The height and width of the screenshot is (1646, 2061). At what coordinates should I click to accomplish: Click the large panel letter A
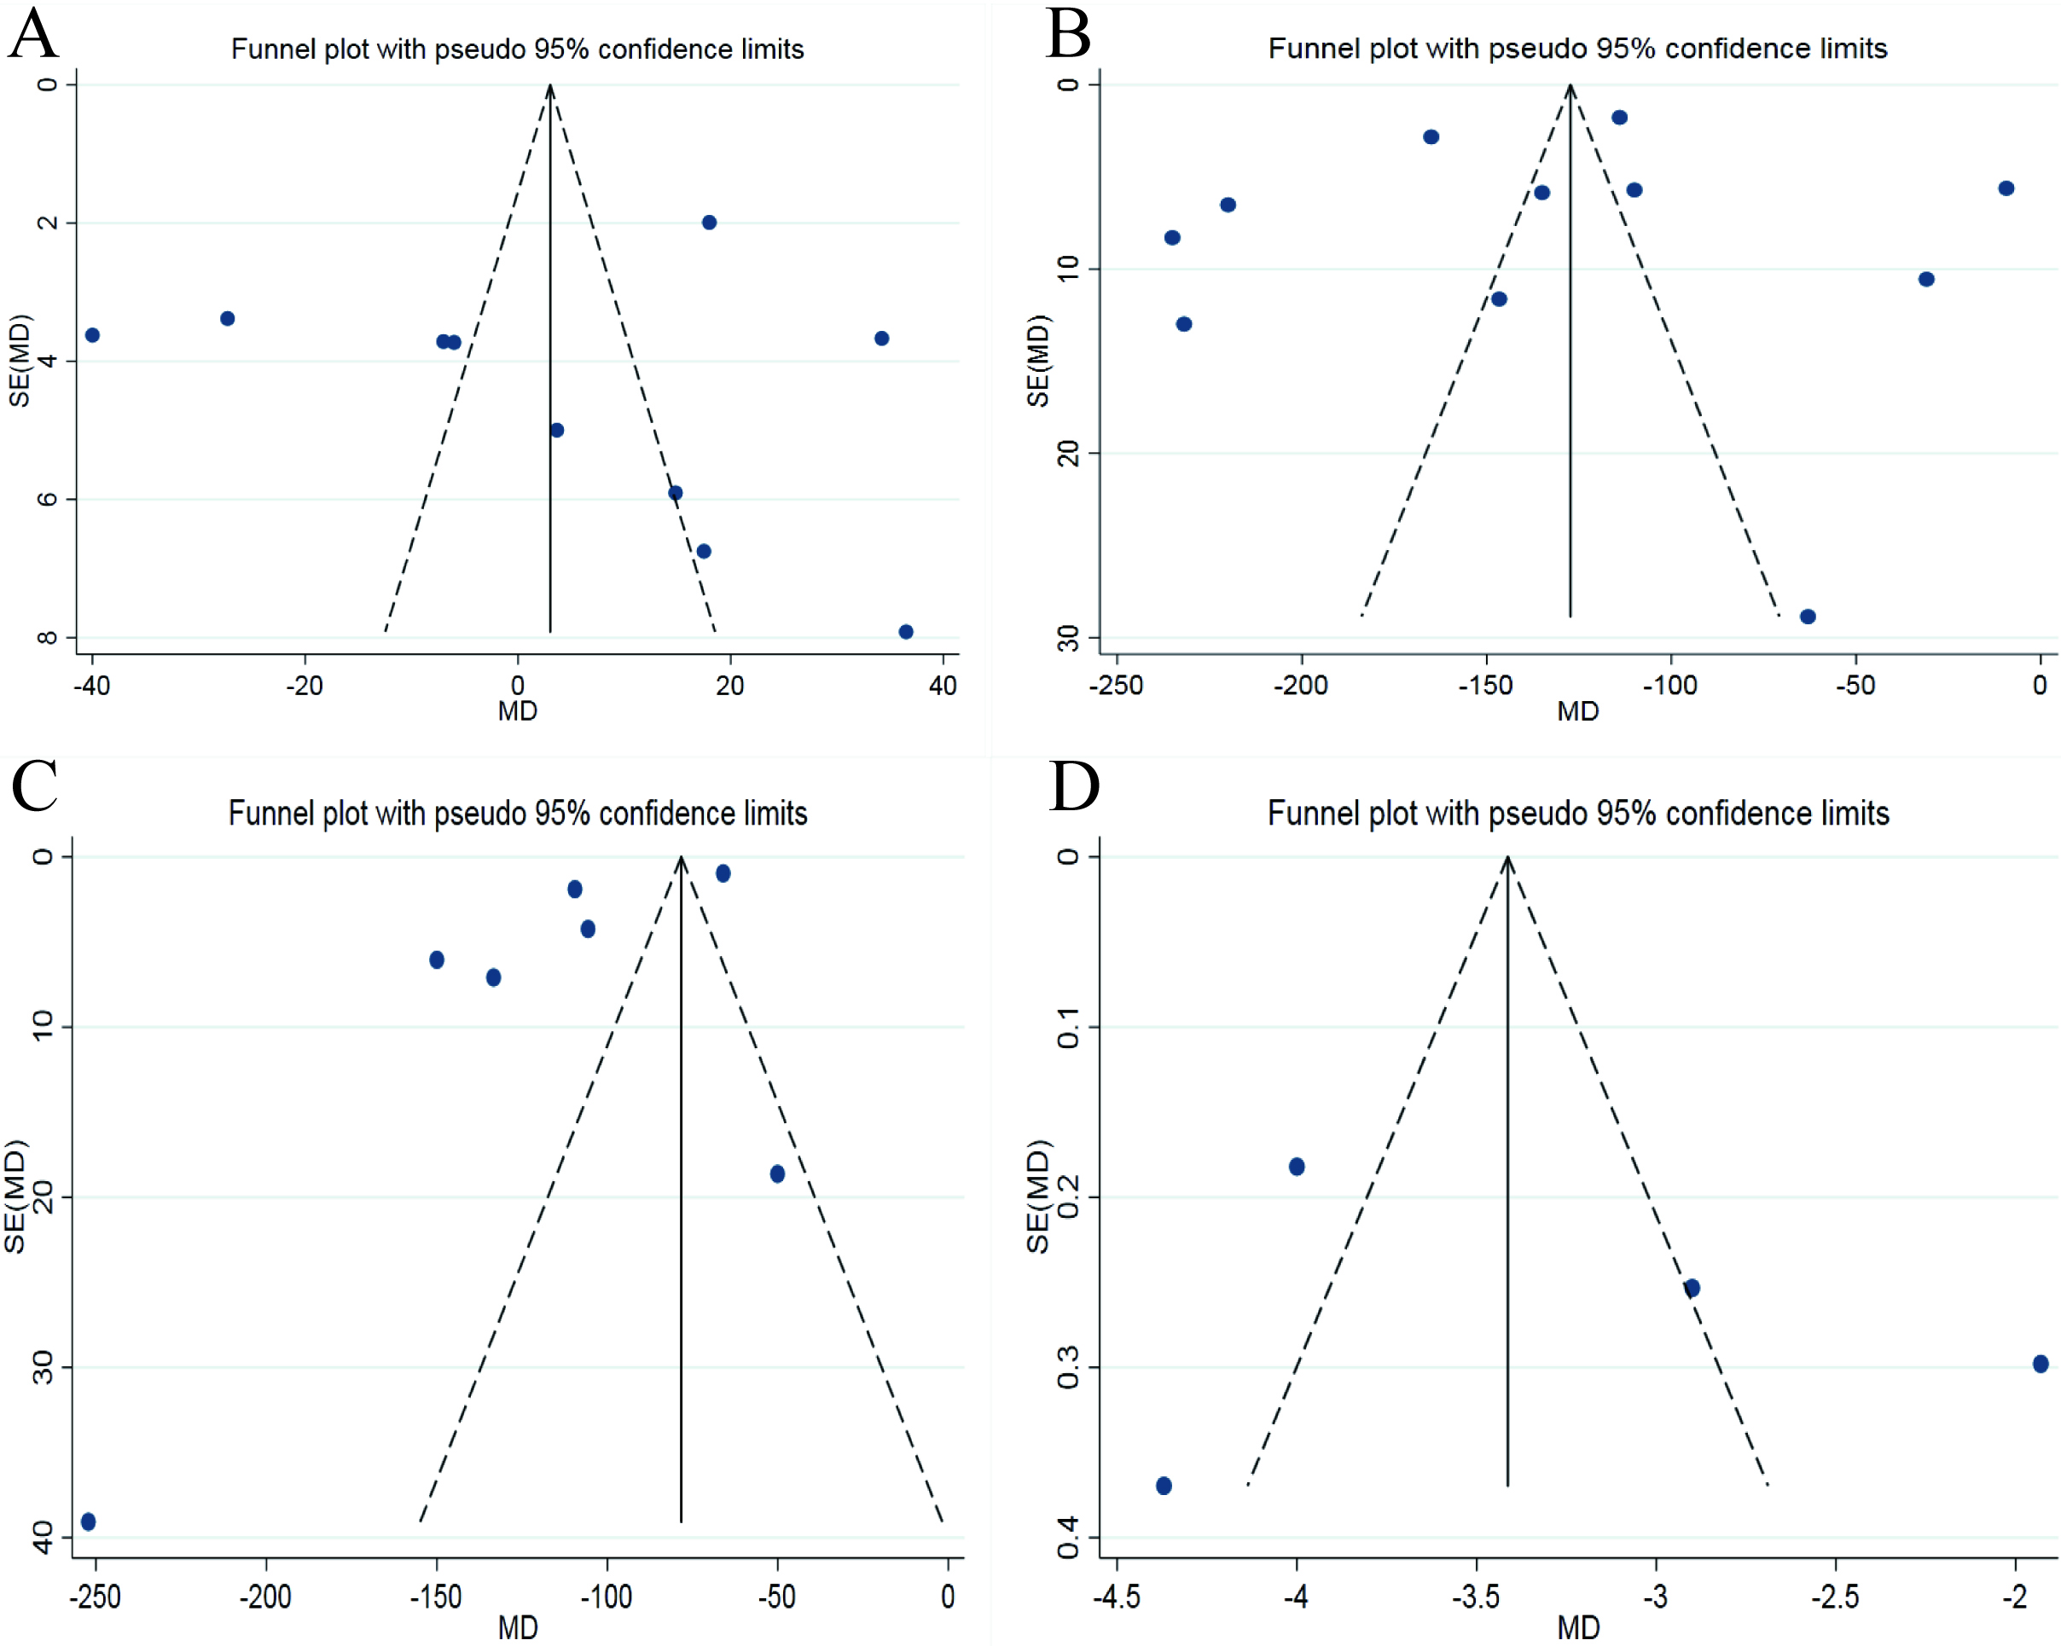(33, 33)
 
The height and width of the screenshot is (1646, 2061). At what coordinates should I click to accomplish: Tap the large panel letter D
(1075, 785)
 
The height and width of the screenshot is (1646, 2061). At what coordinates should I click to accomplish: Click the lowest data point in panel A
(906, 632)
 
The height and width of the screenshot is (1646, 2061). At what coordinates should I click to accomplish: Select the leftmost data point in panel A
(93, 335)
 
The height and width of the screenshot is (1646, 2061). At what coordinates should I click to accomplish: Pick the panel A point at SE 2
(709, 223)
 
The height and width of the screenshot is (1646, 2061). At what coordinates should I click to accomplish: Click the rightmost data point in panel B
(2006, 188)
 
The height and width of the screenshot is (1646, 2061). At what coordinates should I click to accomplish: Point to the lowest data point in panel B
(1808, 617)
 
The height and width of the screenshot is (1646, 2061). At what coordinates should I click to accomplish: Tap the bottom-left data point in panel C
(89, 1521)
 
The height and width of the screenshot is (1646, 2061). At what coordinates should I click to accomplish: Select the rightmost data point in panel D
(2041, 1364)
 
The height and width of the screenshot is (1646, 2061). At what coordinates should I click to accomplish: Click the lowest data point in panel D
(1164, 1486)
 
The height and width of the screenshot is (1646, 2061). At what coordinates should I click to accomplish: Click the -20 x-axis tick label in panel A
(304, 686)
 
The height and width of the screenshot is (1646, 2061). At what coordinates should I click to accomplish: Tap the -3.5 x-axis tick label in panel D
(1476, 1597)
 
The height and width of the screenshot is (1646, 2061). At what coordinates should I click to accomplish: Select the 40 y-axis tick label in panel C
(43, 1537)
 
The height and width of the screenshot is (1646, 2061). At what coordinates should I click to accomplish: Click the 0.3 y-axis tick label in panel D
(1068, 1368)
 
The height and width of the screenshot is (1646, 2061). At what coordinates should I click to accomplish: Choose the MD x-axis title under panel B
(1577, 711)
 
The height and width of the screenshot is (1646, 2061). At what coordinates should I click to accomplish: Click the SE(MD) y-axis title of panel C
(15, 1197)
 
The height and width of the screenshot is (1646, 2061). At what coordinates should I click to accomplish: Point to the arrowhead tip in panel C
(681, 856)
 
